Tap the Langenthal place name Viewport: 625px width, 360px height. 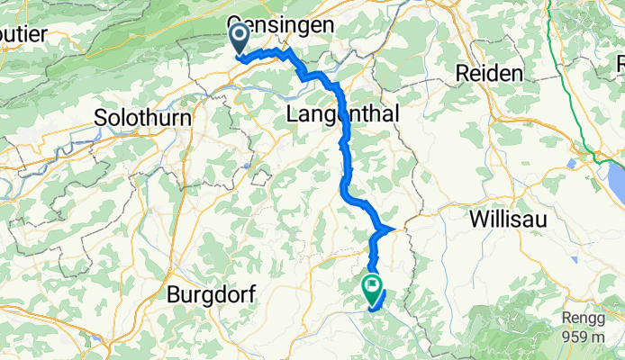tap(340, 114)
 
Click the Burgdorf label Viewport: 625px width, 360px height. tap(212, 294)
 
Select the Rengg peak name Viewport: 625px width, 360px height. tap(587, 318)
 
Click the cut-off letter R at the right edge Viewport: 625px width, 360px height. tap(620, 63)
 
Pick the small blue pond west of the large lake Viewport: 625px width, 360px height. tap(573, 164)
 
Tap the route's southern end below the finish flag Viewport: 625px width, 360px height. tap(372, 310)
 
